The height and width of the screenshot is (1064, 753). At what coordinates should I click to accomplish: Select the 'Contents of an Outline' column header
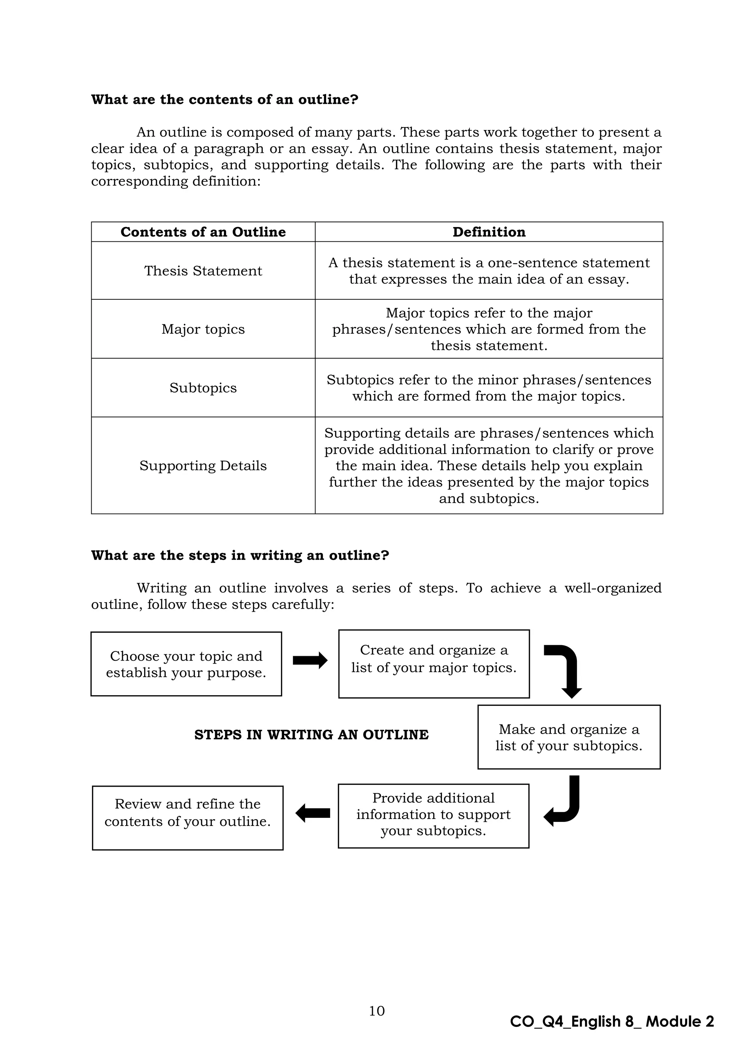coord(203,232)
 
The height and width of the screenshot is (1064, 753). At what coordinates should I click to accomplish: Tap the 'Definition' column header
coord(489,232)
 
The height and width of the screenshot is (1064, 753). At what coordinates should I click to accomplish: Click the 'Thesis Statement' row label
coord(203,271)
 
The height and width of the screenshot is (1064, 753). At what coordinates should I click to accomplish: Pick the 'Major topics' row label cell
coord(203,329)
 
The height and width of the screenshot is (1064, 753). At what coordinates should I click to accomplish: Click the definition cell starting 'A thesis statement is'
coord(489,271)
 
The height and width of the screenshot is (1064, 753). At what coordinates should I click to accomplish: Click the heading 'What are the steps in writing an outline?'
coord(240,555)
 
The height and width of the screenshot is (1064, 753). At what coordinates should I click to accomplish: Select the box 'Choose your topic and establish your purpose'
coord(186,664)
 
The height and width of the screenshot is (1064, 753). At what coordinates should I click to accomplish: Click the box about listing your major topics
coord(433,664)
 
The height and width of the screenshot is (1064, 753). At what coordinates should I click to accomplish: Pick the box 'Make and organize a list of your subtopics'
coord(569,737)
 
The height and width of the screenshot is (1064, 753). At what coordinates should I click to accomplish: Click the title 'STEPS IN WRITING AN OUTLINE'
coord(311,735)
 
